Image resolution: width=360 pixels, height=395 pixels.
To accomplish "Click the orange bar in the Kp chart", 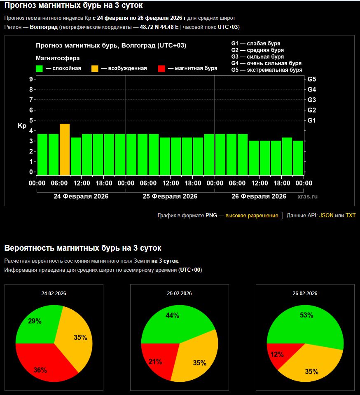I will click(x=65, y=149).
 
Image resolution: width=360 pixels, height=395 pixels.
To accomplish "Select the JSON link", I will click(x=326, y=215).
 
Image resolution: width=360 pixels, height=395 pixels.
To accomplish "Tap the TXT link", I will click(x=351, y=215).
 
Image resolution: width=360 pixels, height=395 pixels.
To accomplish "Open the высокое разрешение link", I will click(x=252, y=215).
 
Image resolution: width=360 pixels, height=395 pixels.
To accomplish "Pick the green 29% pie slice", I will click(x=37, y=324).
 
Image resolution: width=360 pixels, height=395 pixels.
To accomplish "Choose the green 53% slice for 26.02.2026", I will click(x=309, y=322).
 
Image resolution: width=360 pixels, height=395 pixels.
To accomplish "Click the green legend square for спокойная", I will click(x=40, y=68).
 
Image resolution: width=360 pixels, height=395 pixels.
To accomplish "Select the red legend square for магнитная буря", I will click(x=162, y=68).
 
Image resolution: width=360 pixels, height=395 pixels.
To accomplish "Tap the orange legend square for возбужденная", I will click(x=95, y=68).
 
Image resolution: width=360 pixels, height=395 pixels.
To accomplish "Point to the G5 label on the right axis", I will click(x=312, y=79).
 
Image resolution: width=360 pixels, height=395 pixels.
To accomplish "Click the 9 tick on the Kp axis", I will click(x=31, y=79).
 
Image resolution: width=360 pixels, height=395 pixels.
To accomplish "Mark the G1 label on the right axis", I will click(x=312, y=120).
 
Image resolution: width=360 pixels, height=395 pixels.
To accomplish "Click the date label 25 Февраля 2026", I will click(x=170, y=196).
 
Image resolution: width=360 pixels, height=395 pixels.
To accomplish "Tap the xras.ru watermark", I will click(x=307, y=197).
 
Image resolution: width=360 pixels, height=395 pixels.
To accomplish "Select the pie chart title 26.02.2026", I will click(x=305, y=294).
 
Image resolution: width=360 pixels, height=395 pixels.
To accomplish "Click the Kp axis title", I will click(x=22, y=126).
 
